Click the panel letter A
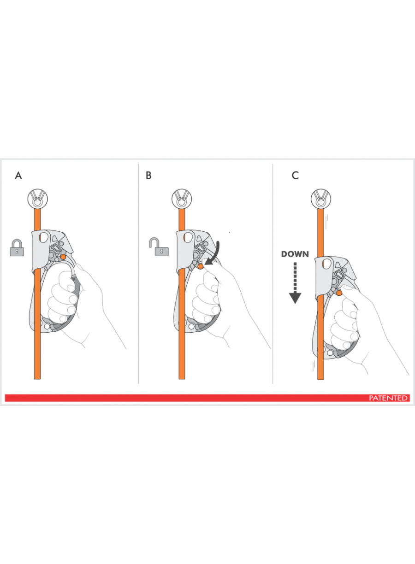click(x=18, y=176)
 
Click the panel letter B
click(x=148, y=176)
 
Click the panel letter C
click(x=295, y=176)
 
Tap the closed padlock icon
click(x=17, y=248)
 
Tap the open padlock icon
click(x=159, y=247)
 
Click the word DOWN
click(x=295, y=254)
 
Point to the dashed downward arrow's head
click(x=295, y=299)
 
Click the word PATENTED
click(x=388, y=398)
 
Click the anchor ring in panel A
click(x=37, y=199)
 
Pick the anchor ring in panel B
click(x=182, y=199)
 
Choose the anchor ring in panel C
click(x=321, y=199)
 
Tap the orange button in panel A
click(x=63, y=257)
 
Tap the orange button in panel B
click(x=201, y=266)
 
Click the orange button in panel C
click(x=339, y=293)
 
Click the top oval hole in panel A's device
click(x=44, y=237)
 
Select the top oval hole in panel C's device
click(x=326, y=264)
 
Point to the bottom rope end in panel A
click(x=37, y=379)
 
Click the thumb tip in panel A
click(x=78, y=266)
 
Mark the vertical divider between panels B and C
click(x=273, y=274)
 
